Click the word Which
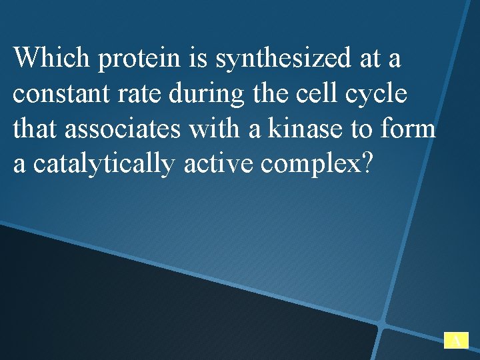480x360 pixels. click(52, 58)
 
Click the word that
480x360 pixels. click(35, 128)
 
